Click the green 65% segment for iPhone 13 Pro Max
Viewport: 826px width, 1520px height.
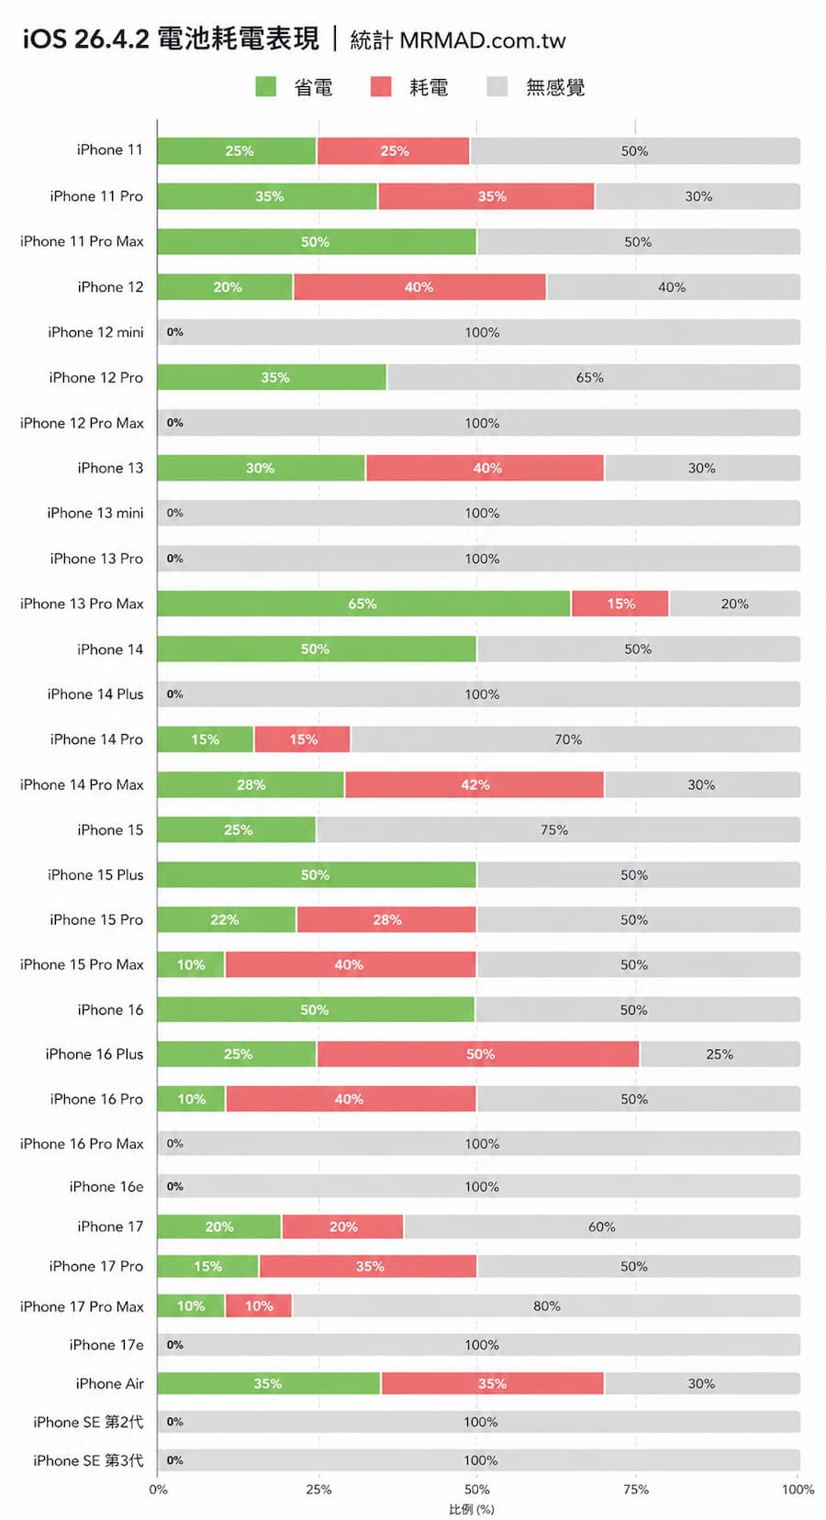[x=363, y=604]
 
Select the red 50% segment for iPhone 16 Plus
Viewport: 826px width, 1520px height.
[x=478, y=1054]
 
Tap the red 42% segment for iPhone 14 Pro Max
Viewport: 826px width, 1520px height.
[x=474, y=784]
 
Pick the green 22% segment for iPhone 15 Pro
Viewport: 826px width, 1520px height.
[x=226, y=919]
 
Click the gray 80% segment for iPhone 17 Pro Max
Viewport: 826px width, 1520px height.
[x=546, y=1305]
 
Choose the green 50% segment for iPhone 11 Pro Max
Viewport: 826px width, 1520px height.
[x=316, y=241]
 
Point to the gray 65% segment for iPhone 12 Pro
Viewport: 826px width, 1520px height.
[x=593, y=377]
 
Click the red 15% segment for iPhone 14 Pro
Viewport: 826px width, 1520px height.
[x=303, y=739]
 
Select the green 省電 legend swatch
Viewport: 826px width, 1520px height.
[x=266, y=87]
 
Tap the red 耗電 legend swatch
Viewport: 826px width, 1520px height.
[x=381, y=87]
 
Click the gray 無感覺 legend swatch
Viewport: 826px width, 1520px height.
[x=497, y=87]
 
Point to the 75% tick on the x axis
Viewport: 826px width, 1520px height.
[x=636, y=1489]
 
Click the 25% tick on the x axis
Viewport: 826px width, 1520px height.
[x=318, y=1489]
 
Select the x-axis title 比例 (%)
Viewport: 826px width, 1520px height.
[x=472, y=1509]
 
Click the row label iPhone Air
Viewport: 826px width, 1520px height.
[x=109, y=1383]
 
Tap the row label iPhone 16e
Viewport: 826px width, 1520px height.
[x=106, y=1186]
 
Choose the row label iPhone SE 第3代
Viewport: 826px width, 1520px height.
[x=88, y=1460]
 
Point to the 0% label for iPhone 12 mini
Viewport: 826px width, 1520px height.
[x=175, y=332]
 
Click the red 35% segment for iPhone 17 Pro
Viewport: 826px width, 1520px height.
[x=369, y=1266]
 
